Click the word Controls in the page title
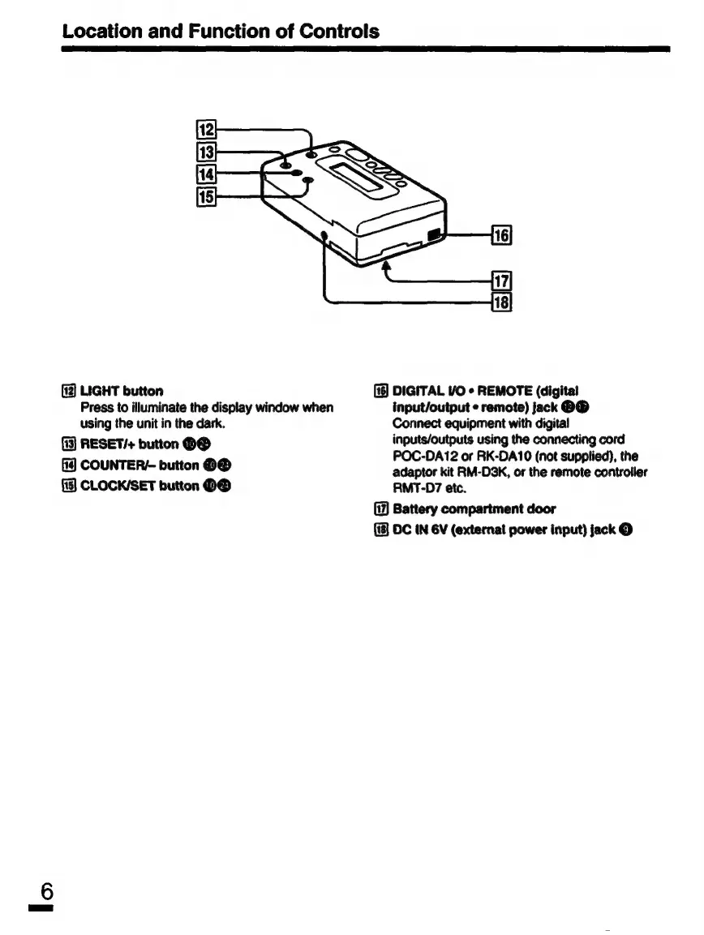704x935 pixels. point(330,32)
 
